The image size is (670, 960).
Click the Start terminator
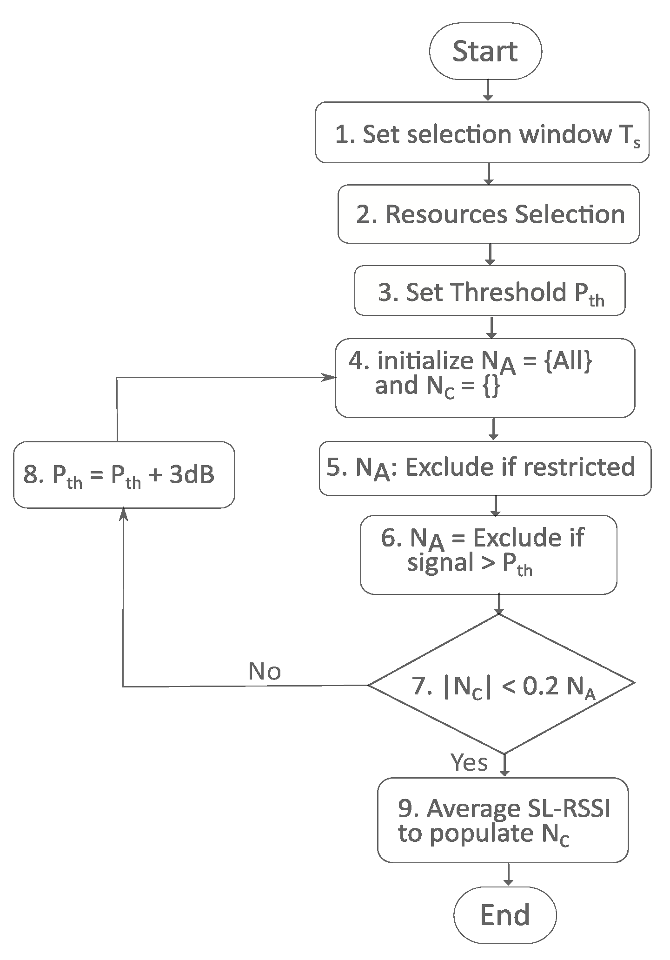point(485,51)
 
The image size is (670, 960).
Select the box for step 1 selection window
point(482,133)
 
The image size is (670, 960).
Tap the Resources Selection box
point(488,214)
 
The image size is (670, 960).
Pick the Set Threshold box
point(490,291)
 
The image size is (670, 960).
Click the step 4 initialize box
point(485,378)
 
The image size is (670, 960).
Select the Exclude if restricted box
point(485,468)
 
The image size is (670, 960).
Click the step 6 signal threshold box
point(488,554)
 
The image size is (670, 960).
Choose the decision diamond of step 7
point(501,684)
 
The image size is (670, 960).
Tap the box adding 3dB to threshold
point(124,475)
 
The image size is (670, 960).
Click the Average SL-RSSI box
point(503,820)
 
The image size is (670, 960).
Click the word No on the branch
point(265,672)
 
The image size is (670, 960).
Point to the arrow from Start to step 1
point(488,90)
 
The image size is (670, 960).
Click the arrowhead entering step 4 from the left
point(331,377)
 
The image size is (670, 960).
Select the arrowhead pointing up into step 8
point(123,513)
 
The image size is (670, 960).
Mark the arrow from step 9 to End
point(509,874)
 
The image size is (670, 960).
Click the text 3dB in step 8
point(192,475)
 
